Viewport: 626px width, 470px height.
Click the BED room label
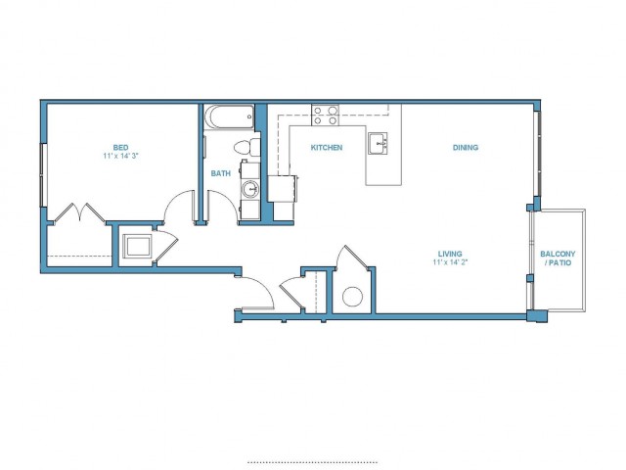[120, 148]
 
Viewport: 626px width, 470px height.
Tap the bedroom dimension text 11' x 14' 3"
[120, 157]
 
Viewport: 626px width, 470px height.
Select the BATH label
[221, 173]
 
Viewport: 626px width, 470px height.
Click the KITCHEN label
[327, 148]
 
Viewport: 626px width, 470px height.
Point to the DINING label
[466, 148]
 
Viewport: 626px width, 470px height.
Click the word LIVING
[450, 254]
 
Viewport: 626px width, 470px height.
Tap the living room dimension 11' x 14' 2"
[450, 262]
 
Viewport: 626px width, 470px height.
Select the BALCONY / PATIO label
[558, 258]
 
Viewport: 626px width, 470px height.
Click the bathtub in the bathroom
[229, 117]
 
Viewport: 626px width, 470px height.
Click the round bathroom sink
[250, 189]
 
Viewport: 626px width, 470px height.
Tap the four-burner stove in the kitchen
[326, 115]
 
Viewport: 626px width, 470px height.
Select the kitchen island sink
[378, 143]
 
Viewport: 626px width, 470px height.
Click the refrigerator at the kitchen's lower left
[283, 189]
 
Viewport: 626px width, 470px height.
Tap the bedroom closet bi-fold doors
[80, 212]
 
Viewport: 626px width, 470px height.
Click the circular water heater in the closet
[352, 297]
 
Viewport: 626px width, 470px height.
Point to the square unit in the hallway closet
[137, 246]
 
